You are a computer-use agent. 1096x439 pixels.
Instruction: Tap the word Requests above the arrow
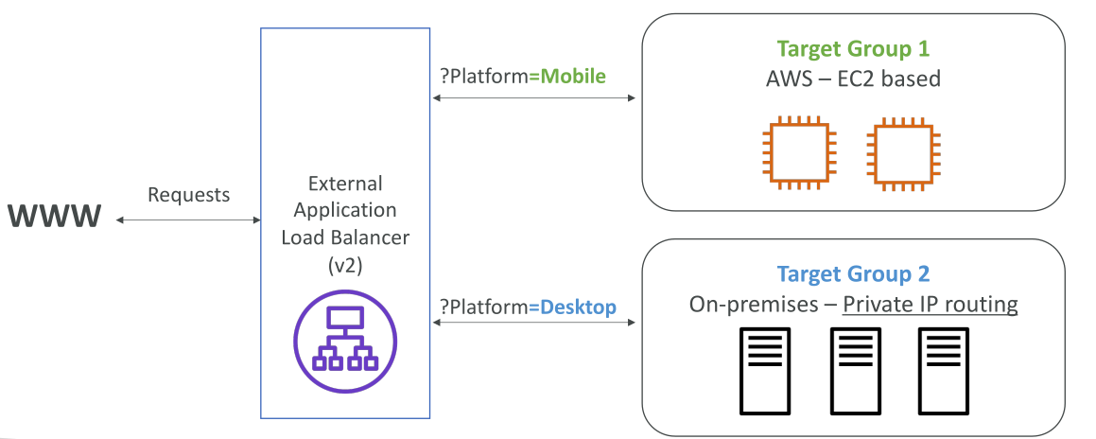pos(189,194)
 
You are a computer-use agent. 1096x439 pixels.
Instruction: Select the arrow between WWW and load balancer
pos(188,220)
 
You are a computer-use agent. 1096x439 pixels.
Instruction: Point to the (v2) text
pos(345,265)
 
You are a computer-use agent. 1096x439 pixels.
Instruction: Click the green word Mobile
pos(567,77)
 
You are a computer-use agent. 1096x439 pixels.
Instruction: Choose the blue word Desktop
pos(573,307)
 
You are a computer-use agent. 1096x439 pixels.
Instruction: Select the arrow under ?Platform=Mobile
pos(534,99)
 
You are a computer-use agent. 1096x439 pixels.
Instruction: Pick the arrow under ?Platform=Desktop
pos(534,323)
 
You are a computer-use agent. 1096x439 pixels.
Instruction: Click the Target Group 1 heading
pos(853,49)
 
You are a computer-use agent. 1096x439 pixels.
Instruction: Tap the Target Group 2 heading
pos(853,274)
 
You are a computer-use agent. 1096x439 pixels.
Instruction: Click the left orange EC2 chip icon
pos(799,152)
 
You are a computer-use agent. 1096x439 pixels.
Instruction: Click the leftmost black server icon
pos(765,371)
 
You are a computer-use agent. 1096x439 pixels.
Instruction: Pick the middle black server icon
pos(855,371)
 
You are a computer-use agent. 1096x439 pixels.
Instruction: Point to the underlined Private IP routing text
pos(930,306)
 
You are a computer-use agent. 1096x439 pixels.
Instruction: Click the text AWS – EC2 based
pos(854,79)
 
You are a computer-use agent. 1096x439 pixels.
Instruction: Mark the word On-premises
pos(752,306)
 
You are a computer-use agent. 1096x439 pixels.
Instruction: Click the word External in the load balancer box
pos(345,184)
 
